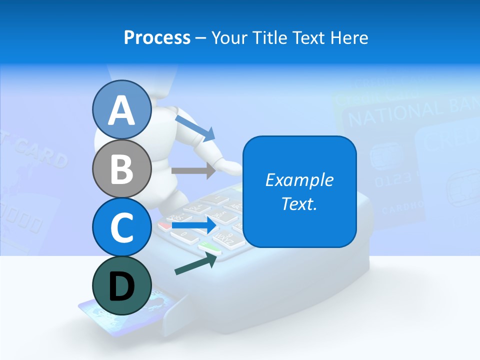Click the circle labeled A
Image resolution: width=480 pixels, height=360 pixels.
click(121, 110)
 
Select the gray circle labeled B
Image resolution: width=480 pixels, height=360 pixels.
click(121, 168)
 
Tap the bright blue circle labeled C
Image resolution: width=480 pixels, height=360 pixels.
click(121, 227)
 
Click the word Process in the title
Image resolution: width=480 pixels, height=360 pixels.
click(157, 37)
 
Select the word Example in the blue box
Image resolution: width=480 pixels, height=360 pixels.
click(299, 180)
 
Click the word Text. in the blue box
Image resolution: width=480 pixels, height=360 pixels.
click(299, 203)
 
